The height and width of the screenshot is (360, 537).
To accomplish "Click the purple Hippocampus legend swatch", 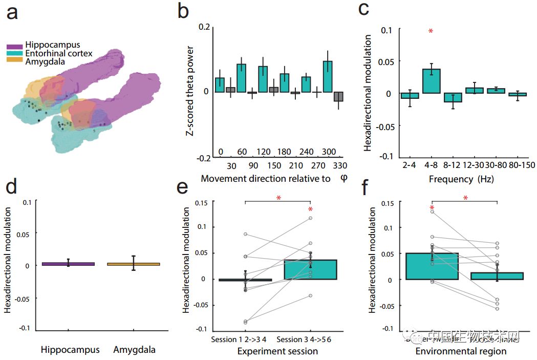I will (14, 45).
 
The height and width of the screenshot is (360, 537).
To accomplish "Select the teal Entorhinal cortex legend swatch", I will (14, 53).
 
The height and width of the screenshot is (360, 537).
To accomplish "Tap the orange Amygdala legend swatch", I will (14, 61).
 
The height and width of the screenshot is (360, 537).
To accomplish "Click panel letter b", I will (183, 11).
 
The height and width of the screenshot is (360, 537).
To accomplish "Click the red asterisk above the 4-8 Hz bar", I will (431, 32).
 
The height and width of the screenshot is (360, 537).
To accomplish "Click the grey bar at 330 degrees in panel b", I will (338, 97).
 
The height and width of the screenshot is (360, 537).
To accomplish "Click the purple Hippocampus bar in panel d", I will (69, 264).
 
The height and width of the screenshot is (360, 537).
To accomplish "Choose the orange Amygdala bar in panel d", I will (133, 264).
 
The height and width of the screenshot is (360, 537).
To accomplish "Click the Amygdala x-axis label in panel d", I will (134, 350).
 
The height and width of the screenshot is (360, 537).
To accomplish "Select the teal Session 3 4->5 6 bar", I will (310, 269).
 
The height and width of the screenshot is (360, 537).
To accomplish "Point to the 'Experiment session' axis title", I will (277, 351).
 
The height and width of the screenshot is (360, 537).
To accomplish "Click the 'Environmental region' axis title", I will (461, 351).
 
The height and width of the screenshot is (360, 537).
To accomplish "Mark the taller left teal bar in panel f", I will (432, 266).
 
